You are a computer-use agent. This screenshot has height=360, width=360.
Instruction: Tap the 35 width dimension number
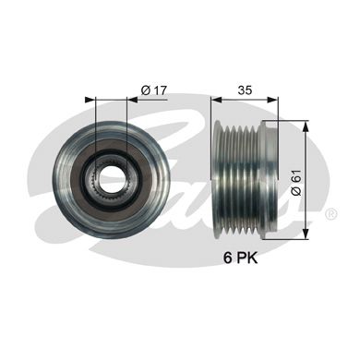point(245,90)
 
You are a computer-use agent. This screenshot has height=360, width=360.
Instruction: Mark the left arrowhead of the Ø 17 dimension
point(88,99)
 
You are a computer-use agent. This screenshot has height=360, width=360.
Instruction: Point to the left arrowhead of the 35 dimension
point(215,99)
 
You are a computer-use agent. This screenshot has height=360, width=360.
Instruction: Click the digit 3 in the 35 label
point(240,90)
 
